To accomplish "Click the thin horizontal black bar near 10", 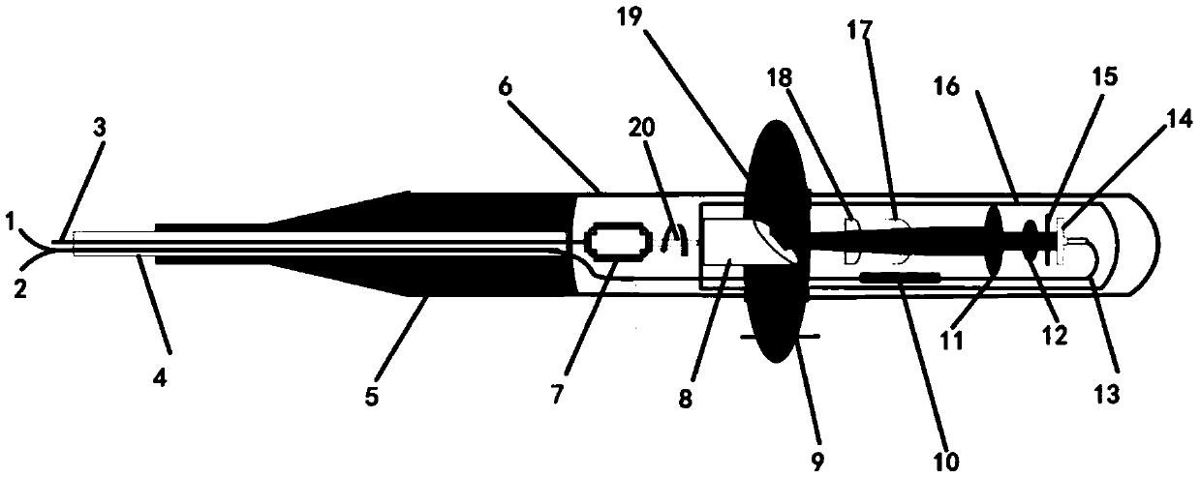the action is click(x=900, y=277).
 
